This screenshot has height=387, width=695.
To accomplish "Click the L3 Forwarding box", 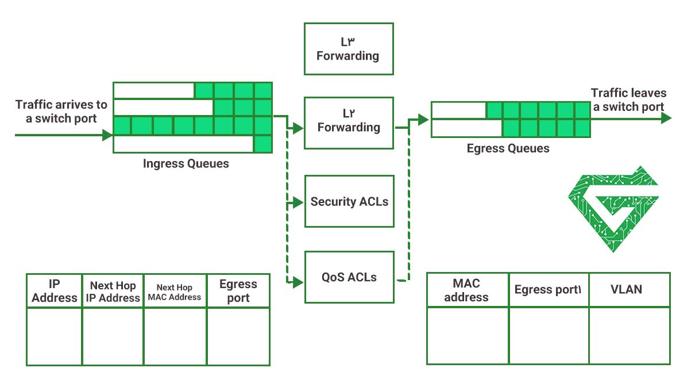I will coord(349,49).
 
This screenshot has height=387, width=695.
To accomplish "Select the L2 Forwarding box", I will coord(349,122).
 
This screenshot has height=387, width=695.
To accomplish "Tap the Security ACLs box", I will coord(349,201).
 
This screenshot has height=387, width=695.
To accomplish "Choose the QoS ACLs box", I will coord(349,277).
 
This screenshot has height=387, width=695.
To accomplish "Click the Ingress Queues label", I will coord(186,164).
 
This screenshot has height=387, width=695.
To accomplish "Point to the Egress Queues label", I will coord(508,149).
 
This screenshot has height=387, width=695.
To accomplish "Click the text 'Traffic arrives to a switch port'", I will coord(61,112).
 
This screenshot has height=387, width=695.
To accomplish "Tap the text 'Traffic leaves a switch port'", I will coord(628,99).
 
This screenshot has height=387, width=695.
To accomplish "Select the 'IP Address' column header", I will coord(54,291).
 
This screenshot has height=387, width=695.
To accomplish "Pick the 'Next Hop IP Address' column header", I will coord(113,292).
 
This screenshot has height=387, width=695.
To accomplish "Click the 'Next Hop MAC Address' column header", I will coord(175,292).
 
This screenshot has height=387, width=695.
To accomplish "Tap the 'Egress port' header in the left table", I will coord(238,291).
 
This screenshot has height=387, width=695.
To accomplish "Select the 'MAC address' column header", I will coord(466,290).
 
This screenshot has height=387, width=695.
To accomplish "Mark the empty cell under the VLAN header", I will coord(629,335).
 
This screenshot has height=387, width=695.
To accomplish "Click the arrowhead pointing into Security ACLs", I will coord(298,202).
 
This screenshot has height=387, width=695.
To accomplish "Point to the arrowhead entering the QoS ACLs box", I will coord(298,282).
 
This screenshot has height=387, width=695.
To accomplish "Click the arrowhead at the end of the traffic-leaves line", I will coord(666,118).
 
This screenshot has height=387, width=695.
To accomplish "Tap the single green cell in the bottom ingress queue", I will coord(262,144).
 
